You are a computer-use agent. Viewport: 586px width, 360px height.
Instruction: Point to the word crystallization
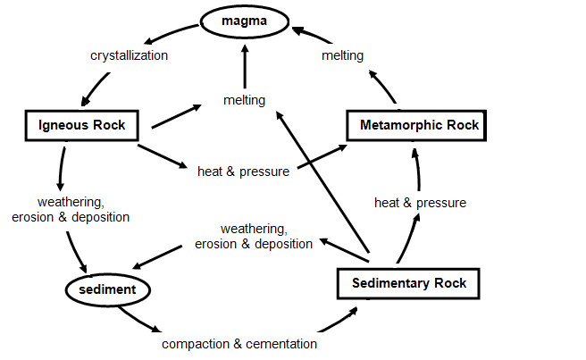129,55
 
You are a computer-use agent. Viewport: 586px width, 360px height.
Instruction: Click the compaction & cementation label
239,344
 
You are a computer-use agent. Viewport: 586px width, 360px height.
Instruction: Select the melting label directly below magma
245,100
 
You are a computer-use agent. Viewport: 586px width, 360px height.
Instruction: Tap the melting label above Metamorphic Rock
342,55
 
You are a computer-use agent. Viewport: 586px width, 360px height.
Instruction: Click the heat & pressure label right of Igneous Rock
243,172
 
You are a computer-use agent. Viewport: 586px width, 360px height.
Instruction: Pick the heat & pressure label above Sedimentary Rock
420,203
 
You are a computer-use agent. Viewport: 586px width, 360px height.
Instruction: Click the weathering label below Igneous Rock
71,209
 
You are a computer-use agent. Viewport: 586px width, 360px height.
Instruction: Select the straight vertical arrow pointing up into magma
245,66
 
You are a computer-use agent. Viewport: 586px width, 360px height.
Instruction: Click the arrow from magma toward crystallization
170,33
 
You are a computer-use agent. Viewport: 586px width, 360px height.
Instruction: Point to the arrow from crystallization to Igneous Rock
95,89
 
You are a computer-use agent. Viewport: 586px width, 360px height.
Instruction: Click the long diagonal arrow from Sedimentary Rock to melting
322,181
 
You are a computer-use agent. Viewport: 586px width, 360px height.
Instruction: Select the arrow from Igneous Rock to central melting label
176,116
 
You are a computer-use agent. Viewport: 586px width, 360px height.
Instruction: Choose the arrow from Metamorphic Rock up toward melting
382,87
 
